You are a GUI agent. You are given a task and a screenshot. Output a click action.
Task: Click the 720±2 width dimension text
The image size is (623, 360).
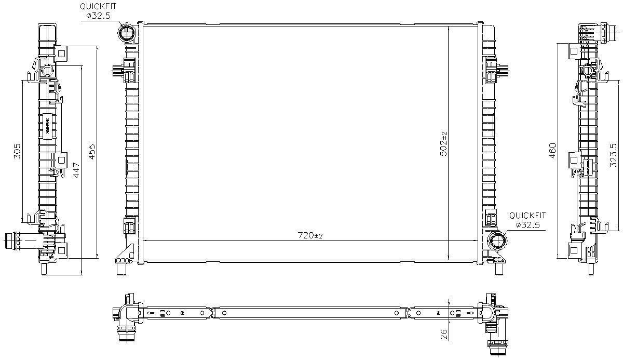coord(310,236)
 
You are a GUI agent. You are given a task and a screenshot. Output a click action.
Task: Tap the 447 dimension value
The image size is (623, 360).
coord(76,171)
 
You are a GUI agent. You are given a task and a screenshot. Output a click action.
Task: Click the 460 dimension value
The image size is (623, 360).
coord(553,151)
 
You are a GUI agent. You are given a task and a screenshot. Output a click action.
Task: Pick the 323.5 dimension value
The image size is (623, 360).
coord(613,155)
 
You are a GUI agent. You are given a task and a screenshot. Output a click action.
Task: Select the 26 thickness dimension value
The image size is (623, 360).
coord(443,333)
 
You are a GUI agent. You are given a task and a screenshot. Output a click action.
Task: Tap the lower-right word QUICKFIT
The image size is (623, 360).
coord(527,215)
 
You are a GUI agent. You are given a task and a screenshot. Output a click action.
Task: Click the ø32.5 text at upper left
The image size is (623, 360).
coord(99,16)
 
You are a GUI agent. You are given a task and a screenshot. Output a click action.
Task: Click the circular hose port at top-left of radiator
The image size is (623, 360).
coord(127,34)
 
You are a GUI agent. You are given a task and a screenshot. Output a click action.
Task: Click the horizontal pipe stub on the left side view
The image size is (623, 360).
coord(17,241)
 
